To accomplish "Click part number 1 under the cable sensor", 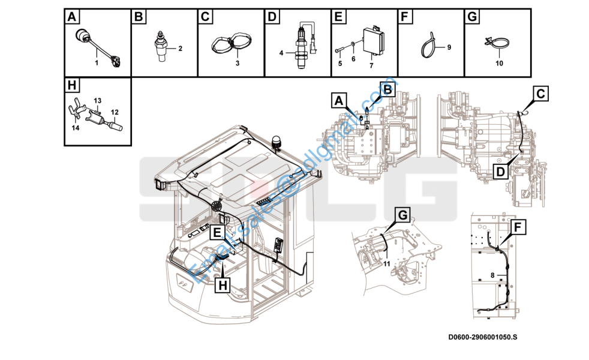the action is (x=97, y=63).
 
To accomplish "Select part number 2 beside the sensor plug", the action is (x=181, y=49).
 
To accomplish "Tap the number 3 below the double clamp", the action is (x=238, y=63).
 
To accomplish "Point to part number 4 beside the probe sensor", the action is (x=281, y=53).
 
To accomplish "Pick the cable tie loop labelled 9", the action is (x=428, y=48).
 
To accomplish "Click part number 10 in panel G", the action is (x=499, y=63).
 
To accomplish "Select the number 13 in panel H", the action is (x=98, y=101).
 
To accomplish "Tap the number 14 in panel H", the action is (x=76, y=128).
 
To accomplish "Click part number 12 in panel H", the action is (x=115, y=112).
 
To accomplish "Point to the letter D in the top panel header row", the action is (x=272, y=17).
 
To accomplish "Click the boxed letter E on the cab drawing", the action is (x=217, y=233).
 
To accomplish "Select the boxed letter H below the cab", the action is (x=223, y=285).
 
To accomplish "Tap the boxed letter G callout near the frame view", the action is (x=402, y=215).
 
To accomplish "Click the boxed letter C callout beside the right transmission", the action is (x=540, y=94).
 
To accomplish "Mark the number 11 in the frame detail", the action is (x=386, y=264).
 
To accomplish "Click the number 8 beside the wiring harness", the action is (x=492, y=275).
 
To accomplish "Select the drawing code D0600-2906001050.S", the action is (x=483, y=337).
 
